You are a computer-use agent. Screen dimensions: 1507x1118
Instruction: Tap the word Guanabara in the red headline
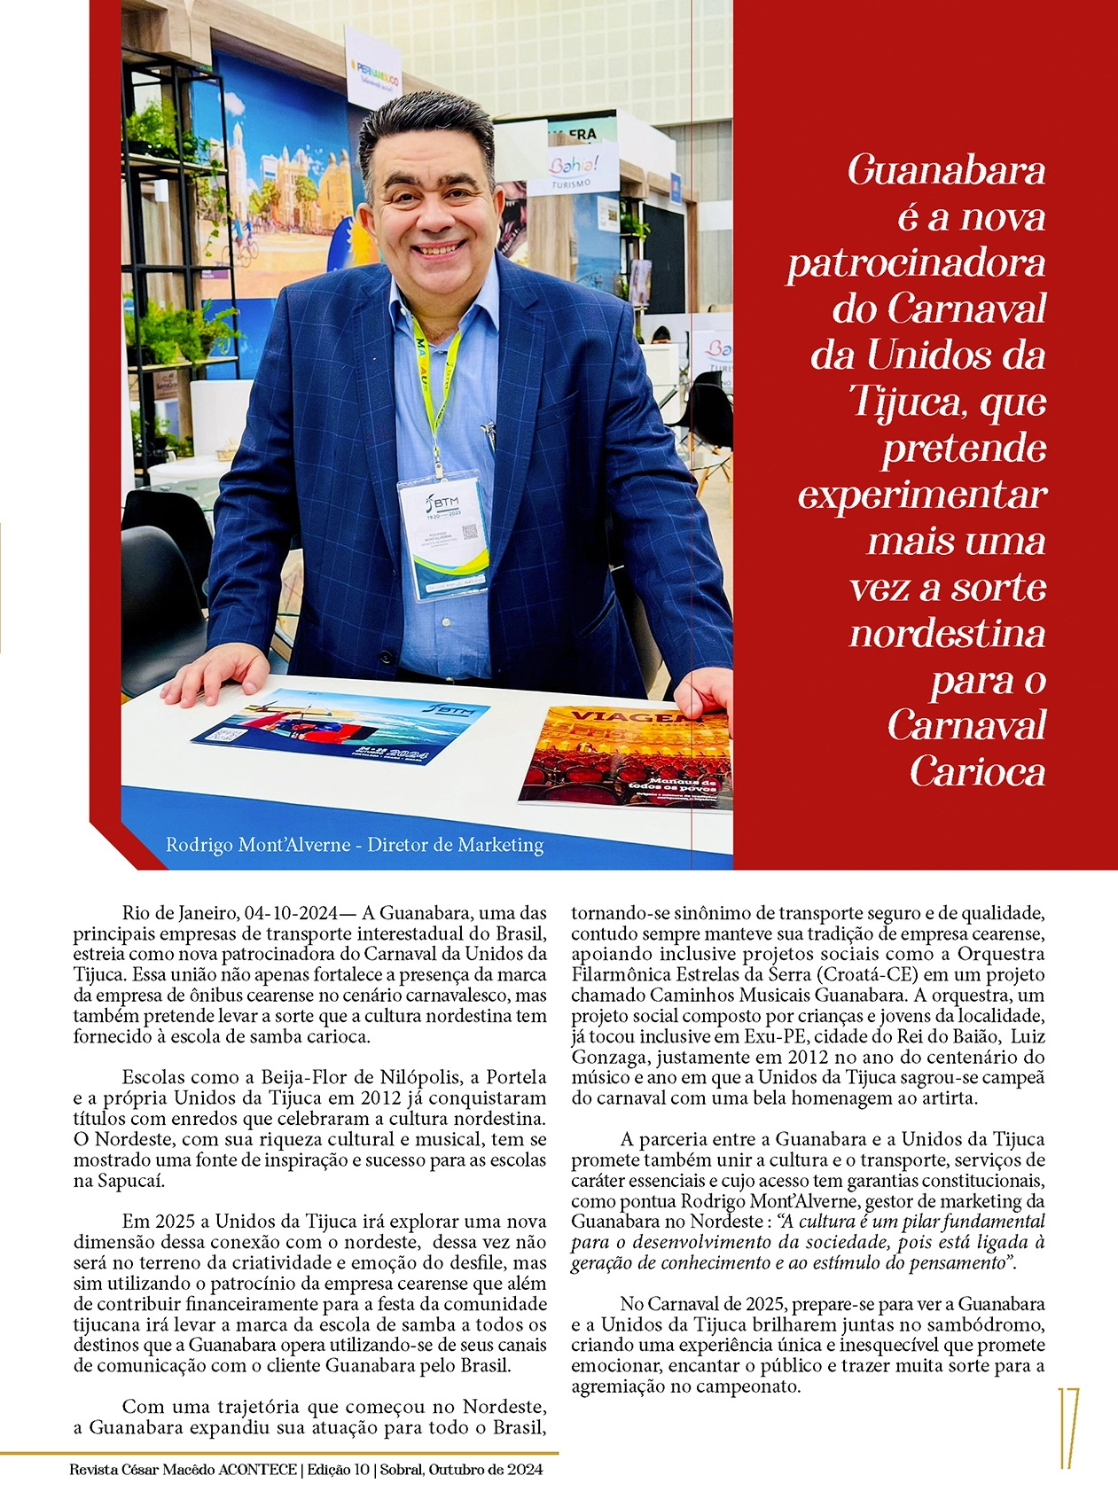click(946, 171)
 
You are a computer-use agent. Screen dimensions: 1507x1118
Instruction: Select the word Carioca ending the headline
click(977, 771)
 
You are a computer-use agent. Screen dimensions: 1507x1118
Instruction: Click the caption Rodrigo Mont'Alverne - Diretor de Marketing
click(355, 845)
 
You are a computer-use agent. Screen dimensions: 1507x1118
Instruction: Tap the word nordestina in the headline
click(947, 633)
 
